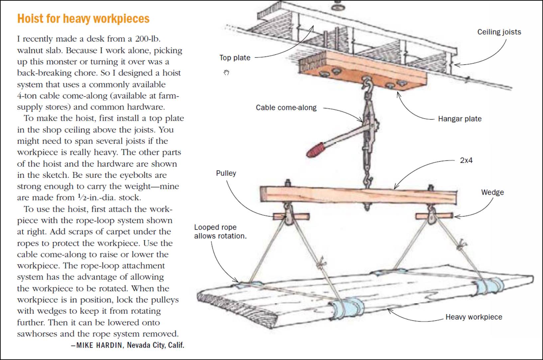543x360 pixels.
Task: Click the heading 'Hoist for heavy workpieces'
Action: pyautogui.click(x=83, y=19)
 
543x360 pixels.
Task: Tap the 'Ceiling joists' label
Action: pyautogui.click(x=499, y=32)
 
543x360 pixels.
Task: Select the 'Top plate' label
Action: pyautogui.click(x=235, y=58)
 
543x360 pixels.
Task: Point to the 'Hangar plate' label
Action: pyautogui.click(x=460, y=119)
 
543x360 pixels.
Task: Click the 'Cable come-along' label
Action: pyautogui.click(x=286, y=108)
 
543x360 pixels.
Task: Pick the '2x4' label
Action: pyautogui.click(x=466, y=160)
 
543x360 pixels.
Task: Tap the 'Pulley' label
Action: pyautogui.click(x=226, y=173)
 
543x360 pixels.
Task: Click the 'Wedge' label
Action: pyautogui.click(x=492, y=192)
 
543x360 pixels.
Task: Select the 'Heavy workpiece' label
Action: pyautogui.click(x=474, y=317)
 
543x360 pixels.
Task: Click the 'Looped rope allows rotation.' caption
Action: pyautogui.click(x=220, y=232)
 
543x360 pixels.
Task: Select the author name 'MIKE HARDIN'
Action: pyautogui.click(x=99, y=345)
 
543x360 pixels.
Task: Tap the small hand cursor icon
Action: pyautogui.click(x=226, y=72)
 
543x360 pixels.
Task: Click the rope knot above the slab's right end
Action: pyautogui.click(x=460, y=247)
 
